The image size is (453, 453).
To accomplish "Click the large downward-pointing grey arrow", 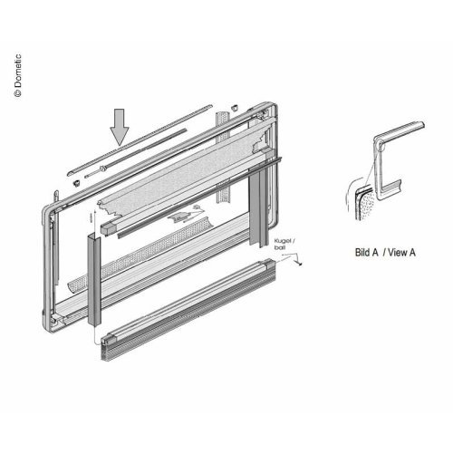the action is [x=120, y=127].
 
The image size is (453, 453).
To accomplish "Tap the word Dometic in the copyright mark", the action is [x=18, y=71].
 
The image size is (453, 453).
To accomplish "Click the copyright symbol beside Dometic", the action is [x=18, y=93].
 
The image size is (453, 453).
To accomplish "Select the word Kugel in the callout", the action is [x=283, y=241].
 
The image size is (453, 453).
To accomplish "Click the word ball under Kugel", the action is [x=280, y=247].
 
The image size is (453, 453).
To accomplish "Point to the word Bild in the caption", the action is [x=367, y=252].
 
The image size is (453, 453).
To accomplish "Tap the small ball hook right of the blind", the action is [x=298, y=260].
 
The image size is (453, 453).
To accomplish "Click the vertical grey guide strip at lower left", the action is [x=94, y=279].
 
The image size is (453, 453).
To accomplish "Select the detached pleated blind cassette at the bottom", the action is [x=188, y=310].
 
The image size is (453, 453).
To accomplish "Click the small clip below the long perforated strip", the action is [x=77, y=183].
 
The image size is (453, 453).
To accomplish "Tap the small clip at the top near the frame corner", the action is [x=234, y=107].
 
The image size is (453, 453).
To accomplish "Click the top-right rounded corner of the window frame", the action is [x=271, y=106].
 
